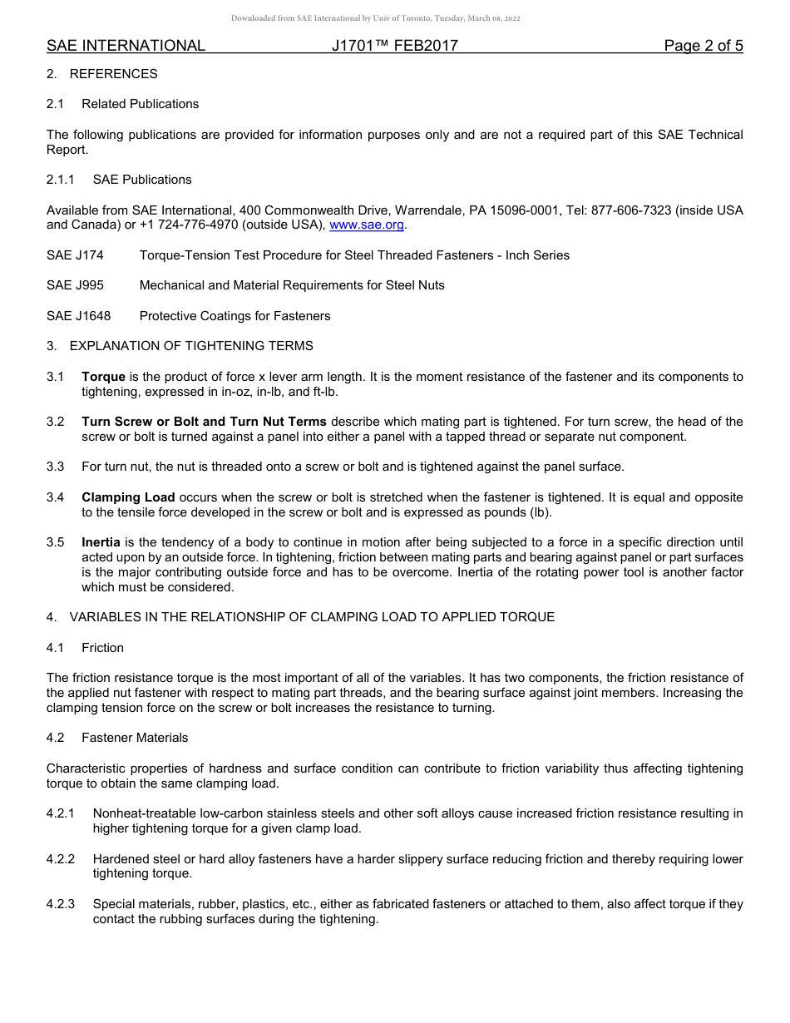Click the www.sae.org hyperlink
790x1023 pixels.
367,225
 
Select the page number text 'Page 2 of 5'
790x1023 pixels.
703,46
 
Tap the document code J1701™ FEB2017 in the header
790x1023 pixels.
394,46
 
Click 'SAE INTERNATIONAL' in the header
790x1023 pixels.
126,46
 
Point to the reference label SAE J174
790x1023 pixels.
75,255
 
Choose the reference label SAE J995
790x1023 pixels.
75,285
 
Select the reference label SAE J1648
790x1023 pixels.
78,316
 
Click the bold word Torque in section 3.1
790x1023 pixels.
103,377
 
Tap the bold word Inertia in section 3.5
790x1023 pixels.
101,542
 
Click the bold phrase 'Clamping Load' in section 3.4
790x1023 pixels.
128,497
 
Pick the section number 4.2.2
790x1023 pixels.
61,859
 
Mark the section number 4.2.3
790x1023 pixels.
61,904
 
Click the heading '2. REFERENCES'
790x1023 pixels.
101,74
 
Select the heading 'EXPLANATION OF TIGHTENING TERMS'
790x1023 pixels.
191,346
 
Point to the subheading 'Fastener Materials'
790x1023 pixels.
135,738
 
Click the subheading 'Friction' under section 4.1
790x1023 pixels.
102,648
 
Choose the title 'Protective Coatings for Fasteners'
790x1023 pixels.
235,316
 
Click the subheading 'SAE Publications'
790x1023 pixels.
142,180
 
